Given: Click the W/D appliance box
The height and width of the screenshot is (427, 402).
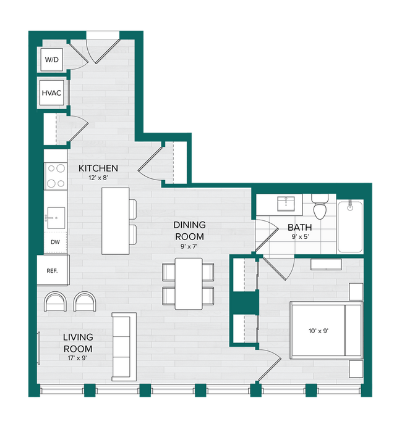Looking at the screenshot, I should [x=51, y=60].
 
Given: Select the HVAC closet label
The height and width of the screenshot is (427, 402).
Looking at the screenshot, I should [x=52, y=93].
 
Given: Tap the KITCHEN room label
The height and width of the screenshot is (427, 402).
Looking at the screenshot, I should [x=98, y=168].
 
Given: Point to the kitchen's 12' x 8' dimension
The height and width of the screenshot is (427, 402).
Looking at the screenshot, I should [x=98, y=178].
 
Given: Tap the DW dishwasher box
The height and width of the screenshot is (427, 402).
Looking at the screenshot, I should [x=56, y=243].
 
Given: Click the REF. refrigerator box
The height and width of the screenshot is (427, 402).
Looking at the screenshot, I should [x=53, y=271].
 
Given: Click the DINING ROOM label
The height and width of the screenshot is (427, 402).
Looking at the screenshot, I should [x=189, y=231].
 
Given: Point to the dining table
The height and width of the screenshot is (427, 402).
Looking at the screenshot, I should [x=188, y=283].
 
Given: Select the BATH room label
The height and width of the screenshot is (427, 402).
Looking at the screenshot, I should [x=299, y=226].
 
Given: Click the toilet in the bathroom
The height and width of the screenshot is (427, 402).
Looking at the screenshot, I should [x=320, y=208].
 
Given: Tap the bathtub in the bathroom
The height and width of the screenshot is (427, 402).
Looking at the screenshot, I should [x=351, y=226].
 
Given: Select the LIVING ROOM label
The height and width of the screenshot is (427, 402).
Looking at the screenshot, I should [x=78, y=343].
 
